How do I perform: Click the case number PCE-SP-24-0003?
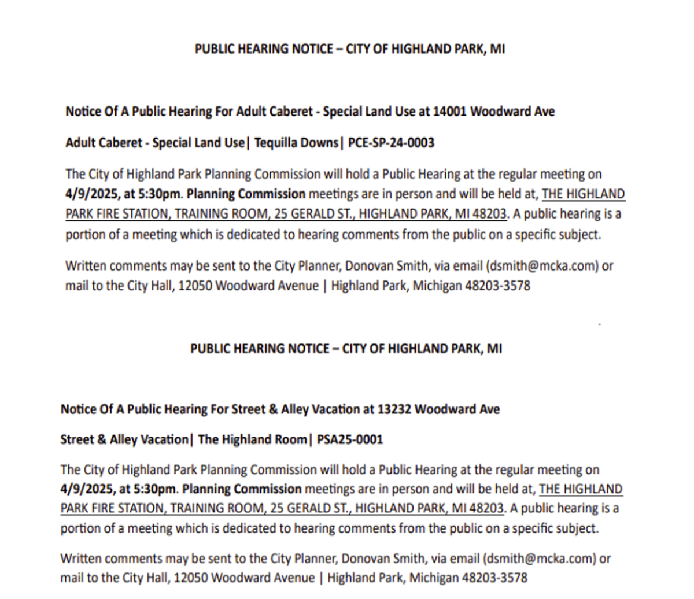point(391,143)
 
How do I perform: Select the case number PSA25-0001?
point(350,439)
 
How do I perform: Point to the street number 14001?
point(450,111)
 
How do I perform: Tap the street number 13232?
point(394,409)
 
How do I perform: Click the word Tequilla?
point(276,143)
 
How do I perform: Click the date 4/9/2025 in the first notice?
point(91,194)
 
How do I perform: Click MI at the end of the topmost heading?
point(497,49)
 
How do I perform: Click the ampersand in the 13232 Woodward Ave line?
point(273,409)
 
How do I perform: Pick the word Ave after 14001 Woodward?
point(544,111)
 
